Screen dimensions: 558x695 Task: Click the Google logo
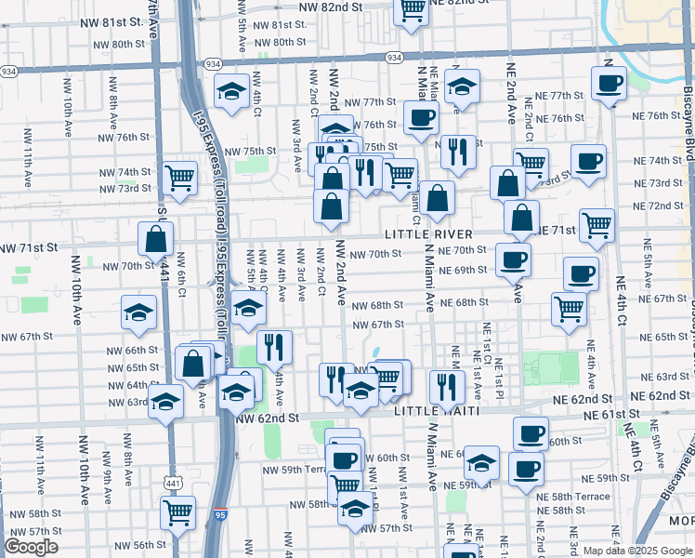click(x=31, y=547)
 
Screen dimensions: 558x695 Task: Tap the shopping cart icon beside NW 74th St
click(x=178, y=177)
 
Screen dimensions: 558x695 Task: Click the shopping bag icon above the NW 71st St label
click(x=156, y=238)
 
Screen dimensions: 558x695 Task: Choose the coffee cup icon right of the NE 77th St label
click(x=610, y=84)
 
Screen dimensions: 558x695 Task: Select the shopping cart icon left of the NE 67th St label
click(x=569, y=308)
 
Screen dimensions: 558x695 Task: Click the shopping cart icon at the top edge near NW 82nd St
click(x=411, y=10)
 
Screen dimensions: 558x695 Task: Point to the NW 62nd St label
click(x=268, y=418)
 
